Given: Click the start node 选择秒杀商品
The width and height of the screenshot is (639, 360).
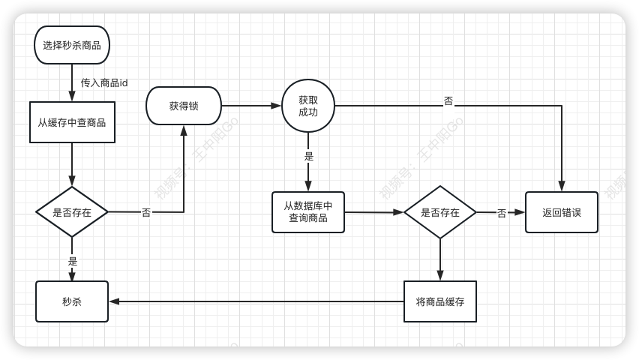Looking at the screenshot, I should pyautogui.click(x=72, y=45).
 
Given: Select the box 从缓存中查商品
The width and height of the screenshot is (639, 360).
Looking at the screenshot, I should pyautogui.click(x=72, y=122).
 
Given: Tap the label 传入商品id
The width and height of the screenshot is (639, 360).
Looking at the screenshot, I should pyautogui.click(x=104, y=82).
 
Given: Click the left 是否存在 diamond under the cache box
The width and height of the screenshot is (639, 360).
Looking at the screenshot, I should pyautogui.click(x=72, y=212).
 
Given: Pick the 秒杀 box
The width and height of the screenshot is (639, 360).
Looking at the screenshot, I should pyautogui.click(x=72, y=301).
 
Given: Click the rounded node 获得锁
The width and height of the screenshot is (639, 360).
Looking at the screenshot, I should pyautogui.click(x=184, y=106).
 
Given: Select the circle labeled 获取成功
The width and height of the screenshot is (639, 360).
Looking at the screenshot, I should pyautogui.click(x=308, y=106).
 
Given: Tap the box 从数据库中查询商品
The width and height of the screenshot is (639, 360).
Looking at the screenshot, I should pyautogui.click(x=308, y=212).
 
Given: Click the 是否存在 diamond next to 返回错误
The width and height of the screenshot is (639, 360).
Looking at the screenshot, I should pyautogui.click(x=440, y=212).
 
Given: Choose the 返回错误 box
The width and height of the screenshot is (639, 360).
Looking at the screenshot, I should pyautogui.click(x=562, y=212).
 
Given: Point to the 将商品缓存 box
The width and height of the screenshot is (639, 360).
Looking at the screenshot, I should pyautogui.click(x=440, y=301).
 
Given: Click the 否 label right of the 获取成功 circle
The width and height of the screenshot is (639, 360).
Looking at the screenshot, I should pyautogui.click(x=448, y=100).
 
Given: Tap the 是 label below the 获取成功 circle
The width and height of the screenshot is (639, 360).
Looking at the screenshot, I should pyautogui.click(x=309, y=157).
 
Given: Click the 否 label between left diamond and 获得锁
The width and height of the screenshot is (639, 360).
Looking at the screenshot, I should pyautogui.click(x=146, y=212).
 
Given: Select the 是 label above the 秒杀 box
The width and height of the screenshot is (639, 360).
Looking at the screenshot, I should pyautogui.click(x=73, y=261).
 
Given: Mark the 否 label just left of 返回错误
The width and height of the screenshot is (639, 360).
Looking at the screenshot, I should pyautogui.click(x=502, y=213).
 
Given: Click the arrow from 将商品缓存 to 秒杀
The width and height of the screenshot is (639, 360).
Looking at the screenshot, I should pyautogui.click(x=255, y=301).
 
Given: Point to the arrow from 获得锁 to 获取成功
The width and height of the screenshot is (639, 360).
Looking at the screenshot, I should pyautogui.click(x=251, y=106).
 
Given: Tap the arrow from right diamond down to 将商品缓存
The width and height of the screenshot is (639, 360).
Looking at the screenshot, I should pyautogui.click(x=440, y=259).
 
